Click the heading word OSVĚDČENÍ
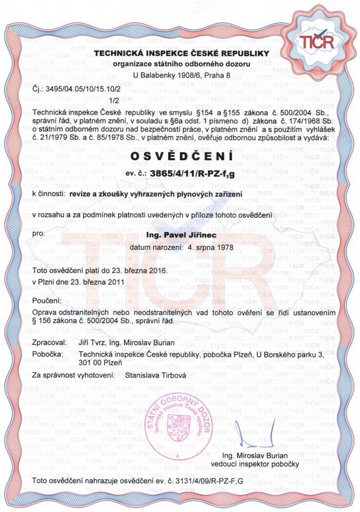click(x=181, y=156)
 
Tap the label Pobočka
click(x=48, y=355)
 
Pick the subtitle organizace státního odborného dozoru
click(x=181, y=65)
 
